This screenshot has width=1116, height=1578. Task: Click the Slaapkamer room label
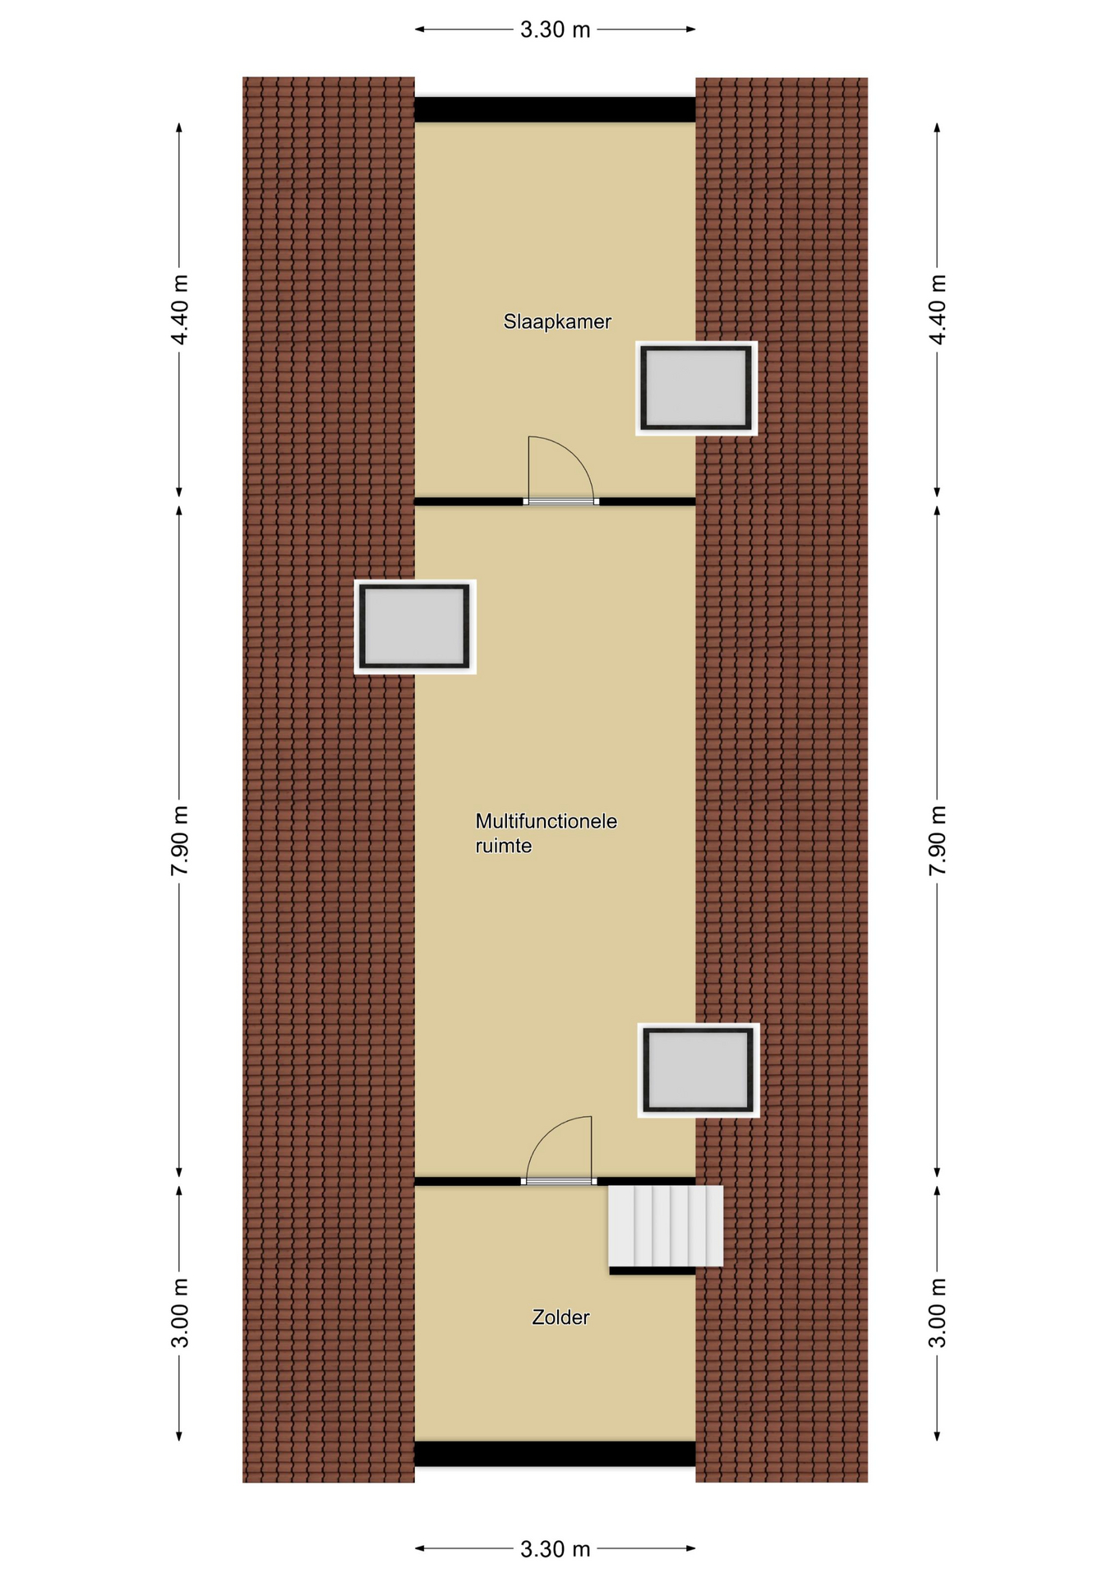click(x=557, y=321)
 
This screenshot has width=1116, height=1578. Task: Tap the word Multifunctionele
click(x=546, y=821)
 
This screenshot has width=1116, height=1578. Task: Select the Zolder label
click(x=560, y=1317)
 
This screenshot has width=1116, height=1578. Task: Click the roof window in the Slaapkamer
click(x=696, y=388)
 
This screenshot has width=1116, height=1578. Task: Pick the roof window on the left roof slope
click(x=415, y=626)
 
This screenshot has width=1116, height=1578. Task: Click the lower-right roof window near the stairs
click(x=699, y=1070)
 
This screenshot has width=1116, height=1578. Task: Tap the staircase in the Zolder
click(x=666, y=1225)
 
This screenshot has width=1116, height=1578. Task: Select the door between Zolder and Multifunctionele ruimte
click(x=559, y=1181)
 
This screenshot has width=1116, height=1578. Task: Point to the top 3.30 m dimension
click(x=556, y=30)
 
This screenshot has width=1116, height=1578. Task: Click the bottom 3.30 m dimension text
click(x=556, y=1549)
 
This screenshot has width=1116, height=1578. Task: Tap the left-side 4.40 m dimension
click(x=179, y=310)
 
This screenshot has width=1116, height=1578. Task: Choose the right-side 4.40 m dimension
click(x=937, y=310)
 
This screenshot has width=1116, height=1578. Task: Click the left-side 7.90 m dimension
click(x=179, y=841)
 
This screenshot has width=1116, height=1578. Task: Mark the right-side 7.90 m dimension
click(x=937, y=841)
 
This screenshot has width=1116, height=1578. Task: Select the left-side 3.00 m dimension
click(x=179, y=1313)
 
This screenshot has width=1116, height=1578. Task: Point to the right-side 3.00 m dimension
click(x=937, y=1313)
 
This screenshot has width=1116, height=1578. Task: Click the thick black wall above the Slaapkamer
click(x=555, y=109)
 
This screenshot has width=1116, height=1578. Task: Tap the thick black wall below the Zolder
click(x=555, y=1454)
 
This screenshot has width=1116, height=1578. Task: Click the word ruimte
click(x=504, y=847)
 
